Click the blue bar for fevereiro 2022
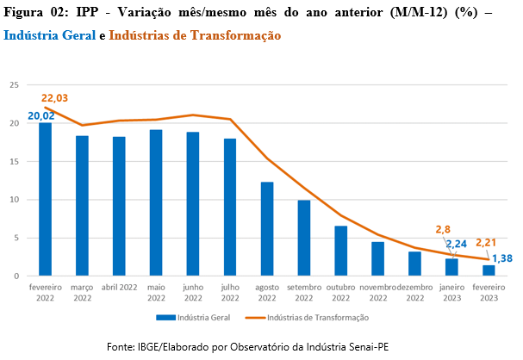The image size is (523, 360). click(45, 199)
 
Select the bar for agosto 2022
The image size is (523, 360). click(267, 229)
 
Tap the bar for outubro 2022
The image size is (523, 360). click(341, 251)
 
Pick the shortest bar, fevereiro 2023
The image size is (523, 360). click(489, 270)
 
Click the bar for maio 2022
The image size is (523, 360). click(156, 203)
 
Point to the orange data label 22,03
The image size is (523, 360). click(54, 98)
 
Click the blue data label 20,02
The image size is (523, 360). click(41, 116)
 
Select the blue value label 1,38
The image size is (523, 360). click(502, 258)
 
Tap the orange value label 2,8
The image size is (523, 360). click(443, 229)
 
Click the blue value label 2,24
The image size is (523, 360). click(457, 244)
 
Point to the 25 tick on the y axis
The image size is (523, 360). click(14, 85)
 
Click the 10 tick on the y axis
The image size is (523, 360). click(14, 200)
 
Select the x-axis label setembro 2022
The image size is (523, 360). click(304, 292)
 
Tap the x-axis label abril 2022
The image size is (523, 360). click(119, 288)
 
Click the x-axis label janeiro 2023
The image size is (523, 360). click(451, 292)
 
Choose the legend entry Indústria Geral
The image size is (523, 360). click(193, 318)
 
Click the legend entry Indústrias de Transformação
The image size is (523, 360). click(307, 318)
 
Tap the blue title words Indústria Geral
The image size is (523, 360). click(50, 35)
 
